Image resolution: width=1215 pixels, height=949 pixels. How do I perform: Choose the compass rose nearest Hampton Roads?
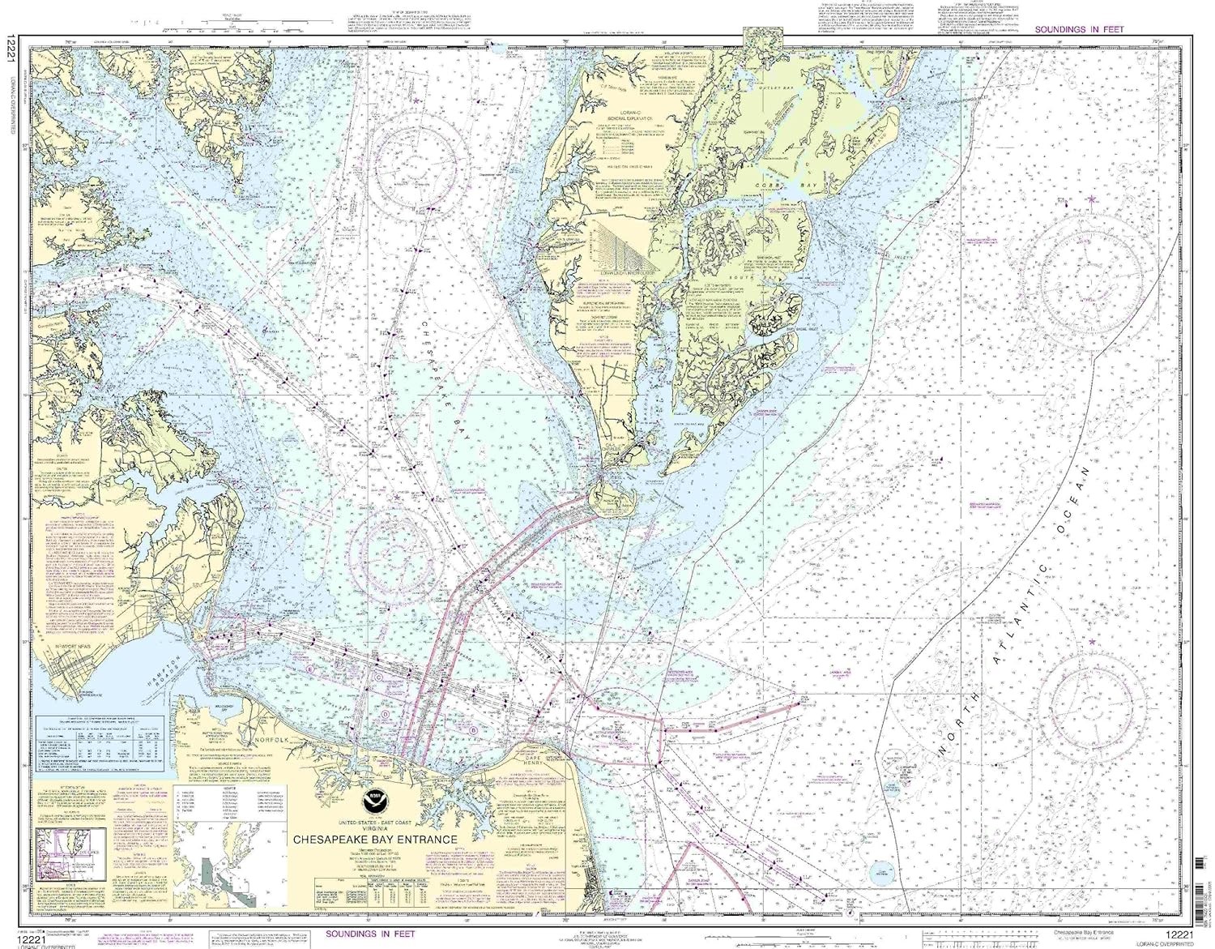click(390, 548)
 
